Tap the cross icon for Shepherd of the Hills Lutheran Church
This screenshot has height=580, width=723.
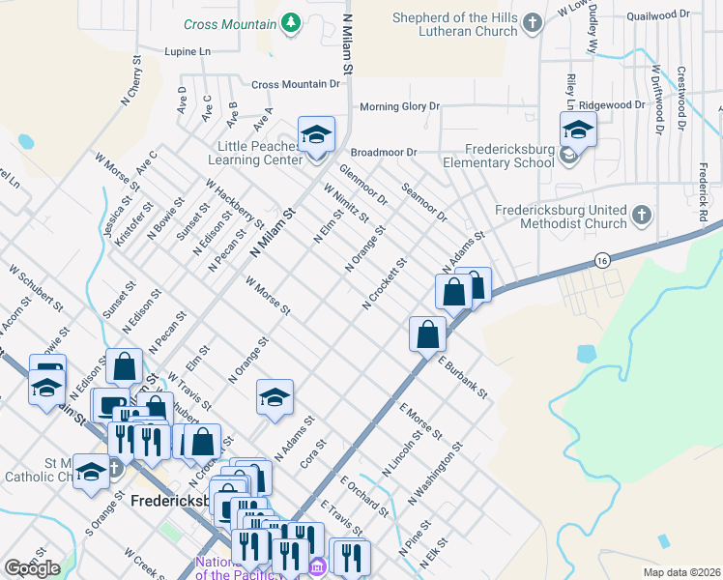click(532, 22)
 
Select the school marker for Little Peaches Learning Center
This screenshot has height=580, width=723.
click(315, 134)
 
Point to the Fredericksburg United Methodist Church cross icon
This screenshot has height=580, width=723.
click(642, 215)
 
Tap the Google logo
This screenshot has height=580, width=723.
click(32, 568)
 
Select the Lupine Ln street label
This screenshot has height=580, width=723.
click(188, 50)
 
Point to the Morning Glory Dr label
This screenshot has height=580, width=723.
click(399, 106)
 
